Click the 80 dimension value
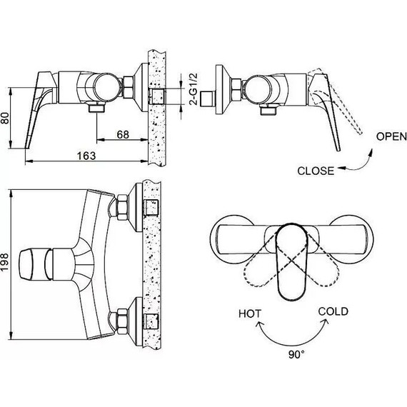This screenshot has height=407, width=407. pyautogui.click(x=6, y=118)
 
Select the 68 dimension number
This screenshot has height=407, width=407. pyautogui.click(x=123, y=135)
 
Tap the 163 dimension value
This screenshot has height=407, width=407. pyautogui.click(x=86, y=156)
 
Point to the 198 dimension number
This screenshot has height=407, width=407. pyautogui.click(x=5, y=263)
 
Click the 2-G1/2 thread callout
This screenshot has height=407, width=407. pyautogui.click(x=194, y=89)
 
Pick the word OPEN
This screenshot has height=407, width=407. pyautogui.click(x=391, y=136)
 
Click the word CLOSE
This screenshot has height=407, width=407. pyautogui.click(x=316, y=171)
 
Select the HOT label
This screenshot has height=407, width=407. pyautogui.click(x=250, y=313)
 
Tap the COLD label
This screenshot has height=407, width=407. pyautogui.click(x=333, y=311)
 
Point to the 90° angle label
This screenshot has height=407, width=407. pyautogui.click(x=297, y=354)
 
